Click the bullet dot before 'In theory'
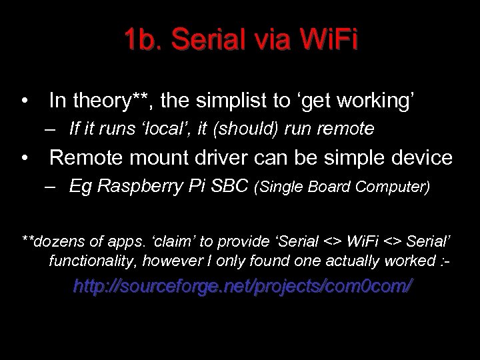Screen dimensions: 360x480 tap(25, 102)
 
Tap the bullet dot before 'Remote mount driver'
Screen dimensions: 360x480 tap(25, 159)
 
